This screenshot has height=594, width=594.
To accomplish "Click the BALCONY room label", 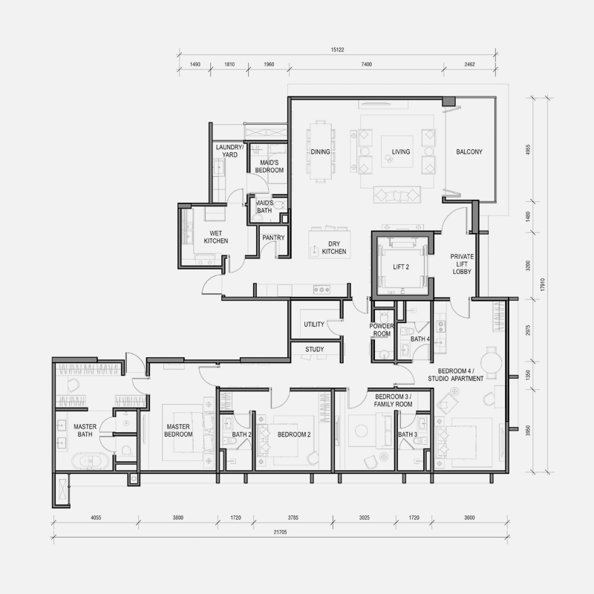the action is point(469,152).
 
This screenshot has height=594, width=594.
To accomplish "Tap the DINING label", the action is point(320,152).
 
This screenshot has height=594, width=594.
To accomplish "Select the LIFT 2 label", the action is point(401,267).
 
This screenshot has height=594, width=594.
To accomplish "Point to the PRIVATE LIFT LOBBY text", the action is point(462,264).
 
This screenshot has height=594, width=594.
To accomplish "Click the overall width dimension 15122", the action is point(337,50).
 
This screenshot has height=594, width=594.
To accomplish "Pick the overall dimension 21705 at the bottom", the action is point(280,532).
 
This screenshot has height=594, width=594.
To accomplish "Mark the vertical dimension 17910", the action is point(543,284).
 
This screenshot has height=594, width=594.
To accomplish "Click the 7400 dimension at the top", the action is point(366,65).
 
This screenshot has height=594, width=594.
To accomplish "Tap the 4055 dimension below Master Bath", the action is point(96,518).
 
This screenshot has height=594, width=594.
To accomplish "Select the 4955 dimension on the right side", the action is point(528,150).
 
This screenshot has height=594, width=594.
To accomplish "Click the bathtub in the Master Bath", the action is point(90,461).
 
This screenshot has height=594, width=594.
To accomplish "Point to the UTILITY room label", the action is point(314,324).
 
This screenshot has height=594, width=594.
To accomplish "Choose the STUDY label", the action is point(314,349).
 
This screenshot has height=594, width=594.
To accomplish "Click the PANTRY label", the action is point(273,238).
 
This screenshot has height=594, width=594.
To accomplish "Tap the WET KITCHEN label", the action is point(216,237).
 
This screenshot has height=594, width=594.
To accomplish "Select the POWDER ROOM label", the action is point(382,330).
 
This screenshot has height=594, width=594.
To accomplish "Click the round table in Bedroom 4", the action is point(492,362).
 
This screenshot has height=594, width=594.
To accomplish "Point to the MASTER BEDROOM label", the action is point(178,431).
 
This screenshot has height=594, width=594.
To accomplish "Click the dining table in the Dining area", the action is point(321,151).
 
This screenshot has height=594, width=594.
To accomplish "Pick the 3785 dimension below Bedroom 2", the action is point(293,518).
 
